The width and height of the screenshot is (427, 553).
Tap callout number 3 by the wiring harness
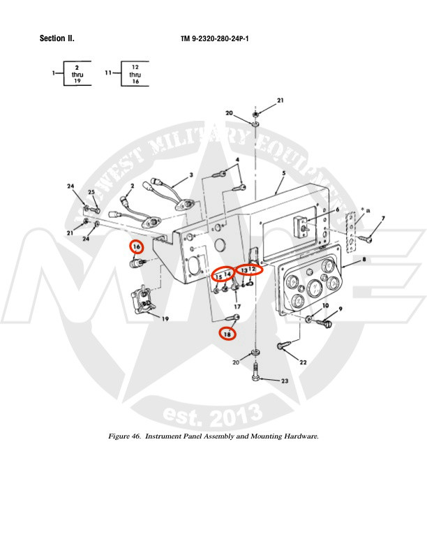pyautogui.click(x=190, y=175)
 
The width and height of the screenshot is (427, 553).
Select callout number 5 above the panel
pyautogui.click(x=285, y=172)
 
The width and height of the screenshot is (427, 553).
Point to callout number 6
pyautogui.click(x=337, y=209)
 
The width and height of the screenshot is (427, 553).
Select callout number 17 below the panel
pyautogui.click(x=237, y=307)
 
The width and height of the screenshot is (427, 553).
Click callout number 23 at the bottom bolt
pyautogui.click(x=285, y=381)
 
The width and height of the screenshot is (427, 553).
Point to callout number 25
pyautogui.click(x=91, y=192)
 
